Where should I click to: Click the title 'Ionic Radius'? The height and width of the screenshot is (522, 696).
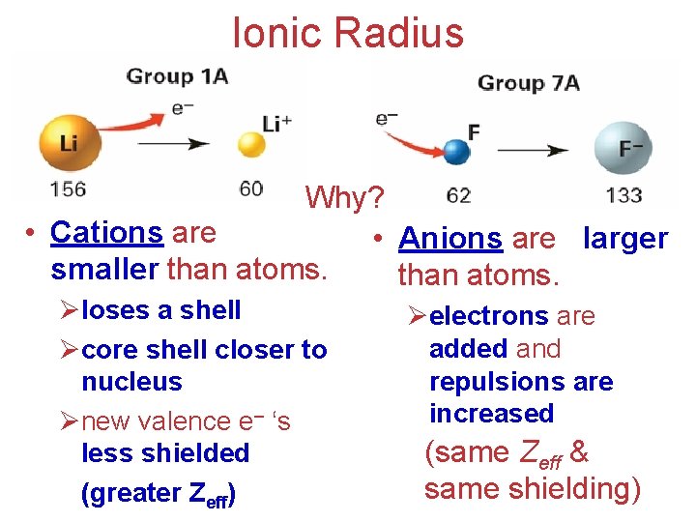pyautogui.click(x=348, y=33)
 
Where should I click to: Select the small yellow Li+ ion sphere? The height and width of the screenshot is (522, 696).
pyautogui.click(x=251, y=145)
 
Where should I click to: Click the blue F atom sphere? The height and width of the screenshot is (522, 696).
pyautogui.click(x=455, y=151)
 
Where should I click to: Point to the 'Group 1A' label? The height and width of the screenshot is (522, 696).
pyautogui.click(x=177, y=76)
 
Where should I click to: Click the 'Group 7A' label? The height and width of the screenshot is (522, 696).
pyautogui.click(x=528, y=82)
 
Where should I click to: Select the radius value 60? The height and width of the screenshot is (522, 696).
pyautogui.click(x=251, y=188)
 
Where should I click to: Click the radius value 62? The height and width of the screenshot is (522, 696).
pyautogui.click(x=458, y=195)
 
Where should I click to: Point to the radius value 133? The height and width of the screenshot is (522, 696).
pyautogui.click(x=623, y=195)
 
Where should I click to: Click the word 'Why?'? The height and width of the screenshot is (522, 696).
pyautogui.click(x=345, y=198)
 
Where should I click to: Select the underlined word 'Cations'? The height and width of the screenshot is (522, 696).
pyautogui.click(x=106, y=233)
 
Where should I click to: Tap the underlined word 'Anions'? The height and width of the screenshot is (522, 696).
pyautogui.click(x=450, y=239)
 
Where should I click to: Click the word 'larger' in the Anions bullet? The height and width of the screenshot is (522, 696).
pyautogui.click(x=625, y=239)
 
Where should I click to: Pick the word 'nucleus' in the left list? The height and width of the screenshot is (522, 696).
pyautogui.click(x=131, y=382)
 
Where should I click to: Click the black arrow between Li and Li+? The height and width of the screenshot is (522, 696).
pyautogui.click(x=173, y=144)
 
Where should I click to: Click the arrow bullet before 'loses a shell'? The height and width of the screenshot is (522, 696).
pyautogui.click(x=68, y=311)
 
